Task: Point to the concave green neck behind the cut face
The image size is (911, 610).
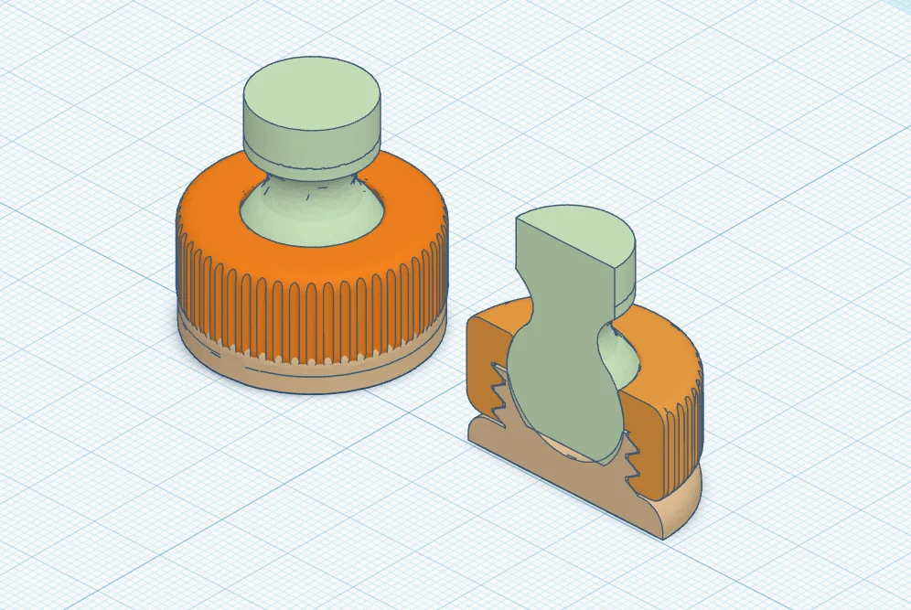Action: tap(615, 352)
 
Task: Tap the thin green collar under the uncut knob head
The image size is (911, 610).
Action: tap(311, 165)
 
